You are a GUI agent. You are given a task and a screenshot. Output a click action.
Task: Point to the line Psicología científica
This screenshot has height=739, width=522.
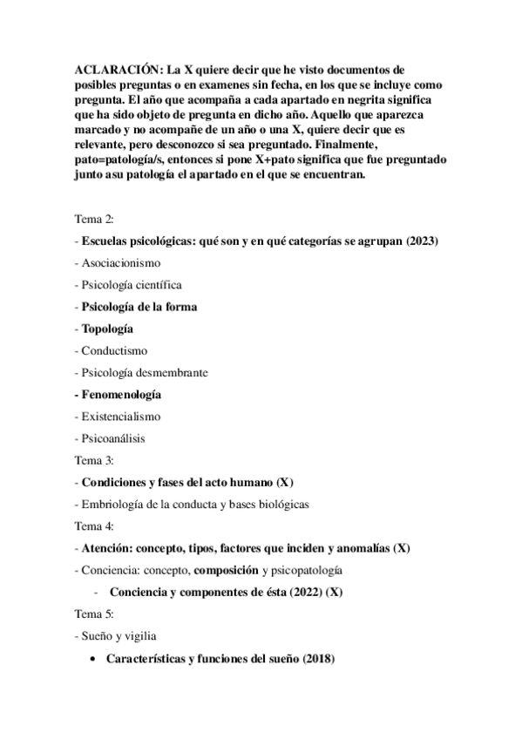point(132,284)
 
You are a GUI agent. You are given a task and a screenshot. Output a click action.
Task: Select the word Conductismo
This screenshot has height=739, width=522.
point(114,350)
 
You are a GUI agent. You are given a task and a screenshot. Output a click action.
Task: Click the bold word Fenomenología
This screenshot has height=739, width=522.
point(121,395)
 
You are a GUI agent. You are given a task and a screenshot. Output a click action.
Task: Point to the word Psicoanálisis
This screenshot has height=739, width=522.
point(115,438)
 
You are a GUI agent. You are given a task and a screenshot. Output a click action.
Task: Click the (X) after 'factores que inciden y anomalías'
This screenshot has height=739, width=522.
point(400,548)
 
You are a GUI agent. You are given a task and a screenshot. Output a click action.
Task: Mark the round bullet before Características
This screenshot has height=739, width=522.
point(93,659)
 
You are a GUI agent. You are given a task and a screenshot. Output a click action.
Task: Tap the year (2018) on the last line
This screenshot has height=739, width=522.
point(318,659)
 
